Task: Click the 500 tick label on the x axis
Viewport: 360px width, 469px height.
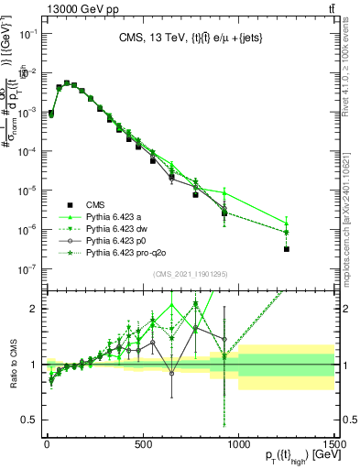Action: coord(143,444)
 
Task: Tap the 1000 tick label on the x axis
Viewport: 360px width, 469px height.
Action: coord(238,444)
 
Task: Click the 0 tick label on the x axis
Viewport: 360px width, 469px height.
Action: coord(47,444)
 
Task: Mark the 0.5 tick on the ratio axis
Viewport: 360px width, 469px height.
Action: coord(31,420)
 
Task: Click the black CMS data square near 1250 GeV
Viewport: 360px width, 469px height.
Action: coord(287,249)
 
